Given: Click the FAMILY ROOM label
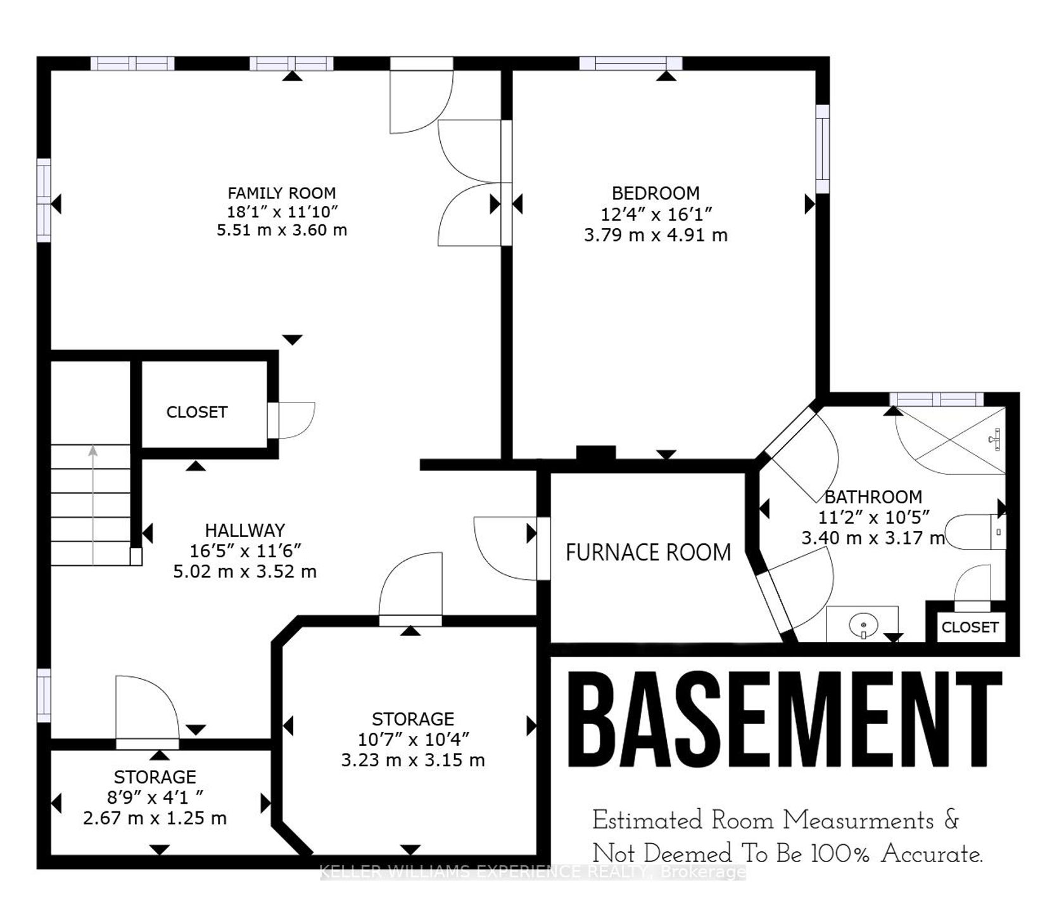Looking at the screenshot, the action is [x=282, y=193].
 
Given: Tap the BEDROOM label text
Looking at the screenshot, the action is [x=655, y=193].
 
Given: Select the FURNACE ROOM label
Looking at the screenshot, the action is [x=648, y=553].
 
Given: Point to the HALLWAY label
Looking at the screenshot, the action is [x=244, y=530].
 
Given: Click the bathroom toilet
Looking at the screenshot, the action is [x=975, y=531].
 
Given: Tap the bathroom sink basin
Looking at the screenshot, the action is [x=862, y=623].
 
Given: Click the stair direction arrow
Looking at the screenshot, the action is [x=93, y=505].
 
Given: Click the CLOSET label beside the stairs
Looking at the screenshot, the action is [x=197, y=412].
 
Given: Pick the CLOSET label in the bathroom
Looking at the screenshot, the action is [x=970, y=627].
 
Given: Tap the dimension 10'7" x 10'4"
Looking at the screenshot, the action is [x=413, y=739].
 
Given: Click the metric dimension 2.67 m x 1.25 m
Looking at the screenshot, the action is [x=155, y=818].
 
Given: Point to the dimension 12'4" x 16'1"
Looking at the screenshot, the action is [x=656, y=214].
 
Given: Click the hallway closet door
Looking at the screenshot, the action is [x=291, y=420].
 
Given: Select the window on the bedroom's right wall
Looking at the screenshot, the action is [x=822, y=149].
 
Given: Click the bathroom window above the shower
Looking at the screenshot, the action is [x=937, y=399].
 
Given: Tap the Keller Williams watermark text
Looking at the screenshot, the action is [x=533, y=872].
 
